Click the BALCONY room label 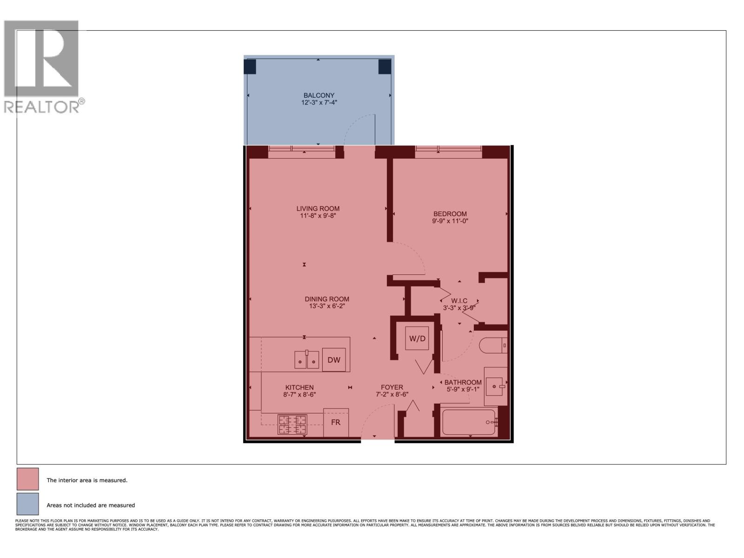[319, 95]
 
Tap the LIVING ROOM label [318, 208]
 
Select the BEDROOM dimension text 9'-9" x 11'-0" [450, 221]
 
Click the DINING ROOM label [327, 299]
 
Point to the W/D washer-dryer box [417, 339]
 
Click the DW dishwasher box [334, 359]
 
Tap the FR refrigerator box [336, 422]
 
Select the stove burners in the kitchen [292, 424]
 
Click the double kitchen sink [306, 360]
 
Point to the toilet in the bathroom [492, 346]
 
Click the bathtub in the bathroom [468, 422]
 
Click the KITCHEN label [299, 387]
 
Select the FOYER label [392, 387]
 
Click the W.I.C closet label [459, 301]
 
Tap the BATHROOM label [463, 382]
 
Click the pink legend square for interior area [27, 479]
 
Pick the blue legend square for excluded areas [27, 505]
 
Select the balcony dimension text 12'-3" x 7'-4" [319, 102]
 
